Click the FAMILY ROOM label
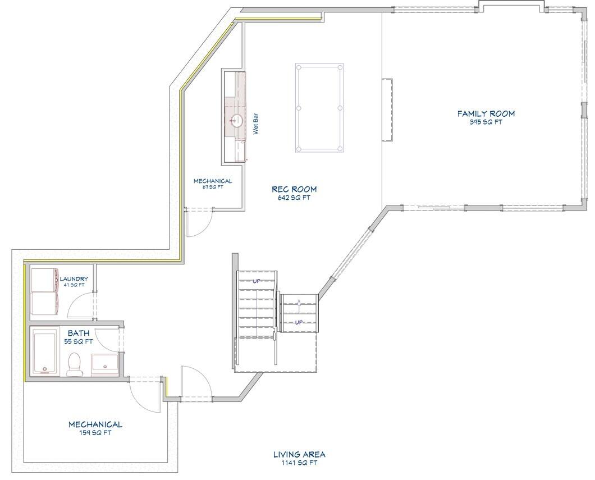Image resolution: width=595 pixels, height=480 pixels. (486, 113)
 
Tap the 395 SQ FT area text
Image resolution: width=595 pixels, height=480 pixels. (486, 122)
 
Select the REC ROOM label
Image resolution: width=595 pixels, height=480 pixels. (294, 189)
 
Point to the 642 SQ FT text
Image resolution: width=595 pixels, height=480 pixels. (294, 198)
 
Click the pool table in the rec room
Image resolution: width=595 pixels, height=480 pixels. (319, 107)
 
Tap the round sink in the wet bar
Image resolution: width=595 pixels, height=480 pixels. (237, 120)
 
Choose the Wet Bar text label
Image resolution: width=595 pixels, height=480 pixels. (255, 125)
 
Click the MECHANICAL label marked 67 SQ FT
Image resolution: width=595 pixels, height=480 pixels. (213, 181)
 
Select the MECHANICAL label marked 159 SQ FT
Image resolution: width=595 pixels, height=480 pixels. (95, 424)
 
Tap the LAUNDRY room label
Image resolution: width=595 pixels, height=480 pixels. (74, 278)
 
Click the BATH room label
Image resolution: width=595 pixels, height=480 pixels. (79, 333)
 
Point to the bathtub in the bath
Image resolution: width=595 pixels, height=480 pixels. (45, 352)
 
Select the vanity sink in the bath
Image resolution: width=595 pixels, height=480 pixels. (105, 364)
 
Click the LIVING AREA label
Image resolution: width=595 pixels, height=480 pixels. (299, 454)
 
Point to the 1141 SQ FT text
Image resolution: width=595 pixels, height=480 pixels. (299, 463)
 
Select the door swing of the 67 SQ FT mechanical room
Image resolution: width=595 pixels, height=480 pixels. (199, 223)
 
